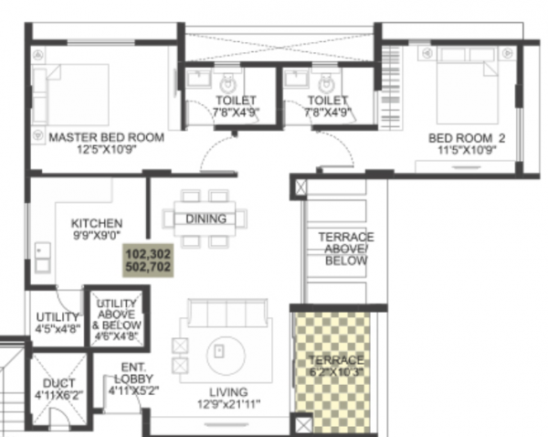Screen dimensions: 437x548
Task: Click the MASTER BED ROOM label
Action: pyautogui.click(x=106, y=137)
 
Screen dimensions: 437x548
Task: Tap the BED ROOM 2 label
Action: pyautogui.click(x=467, y=138)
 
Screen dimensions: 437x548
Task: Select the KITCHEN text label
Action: pyautogui.click(x=97, y=222)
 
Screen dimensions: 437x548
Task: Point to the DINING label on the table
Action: pyautogui.click(x=205, y=218)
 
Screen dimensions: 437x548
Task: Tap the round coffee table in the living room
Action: pyautogui.click(x=221, y=350)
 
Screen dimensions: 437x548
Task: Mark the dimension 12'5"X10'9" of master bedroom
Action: pyautogui.click(x=106, y=150)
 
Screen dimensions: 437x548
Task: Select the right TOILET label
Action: pyautogui.click(x=328, y=101)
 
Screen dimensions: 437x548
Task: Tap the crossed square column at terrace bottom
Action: pyautogui.click(x=303, y=423)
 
